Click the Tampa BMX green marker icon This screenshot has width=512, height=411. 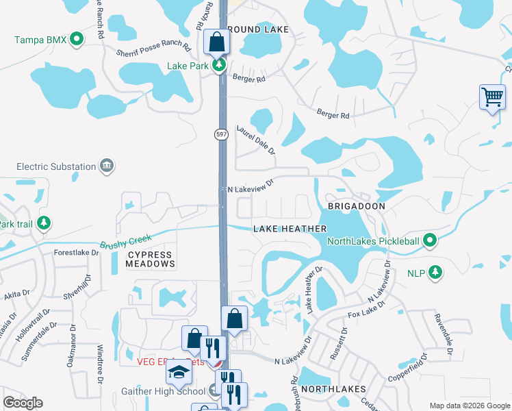coord(77,39)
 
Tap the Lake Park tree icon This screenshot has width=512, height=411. coord(219,66)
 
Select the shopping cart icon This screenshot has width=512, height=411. coord(492,97)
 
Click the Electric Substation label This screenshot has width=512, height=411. coord(56,166)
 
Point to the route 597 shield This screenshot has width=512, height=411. coord(220,134)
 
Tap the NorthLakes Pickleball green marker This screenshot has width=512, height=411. coord(430,240)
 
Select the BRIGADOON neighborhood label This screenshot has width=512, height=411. coord(356,206)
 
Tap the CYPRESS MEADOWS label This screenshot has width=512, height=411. coord(151,259)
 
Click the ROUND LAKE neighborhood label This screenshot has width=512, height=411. coord(259,30)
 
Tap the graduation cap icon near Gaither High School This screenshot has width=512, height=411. coord(179,373)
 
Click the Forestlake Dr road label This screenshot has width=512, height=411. coord(77,253)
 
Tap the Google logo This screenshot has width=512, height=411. coord(23,403)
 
